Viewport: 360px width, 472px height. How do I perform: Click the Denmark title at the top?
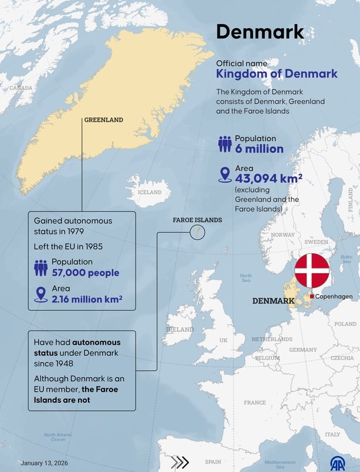[260, 32]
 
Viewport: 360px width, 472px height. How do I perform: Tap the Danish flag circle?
[311, 271]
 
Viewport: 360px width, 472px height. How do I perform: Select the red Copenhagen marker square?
[312, 297]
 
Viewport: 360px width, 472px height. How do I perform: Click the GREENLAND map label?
[104, 120]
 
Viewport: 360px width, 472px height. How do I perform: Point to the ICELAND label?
[150, 192]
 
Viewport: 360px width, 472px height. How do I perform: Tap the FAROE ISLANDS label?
[197, 220]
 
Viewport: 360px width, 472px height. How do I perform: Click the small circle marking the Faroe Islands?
[197, 233]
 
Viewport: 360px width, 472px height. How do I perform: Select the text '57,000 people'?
[85, 273]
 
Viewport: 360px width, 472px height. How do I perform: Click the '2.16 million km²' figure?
[87, 299]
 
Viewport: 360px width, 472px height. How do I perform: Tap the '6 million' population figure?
[259, 149]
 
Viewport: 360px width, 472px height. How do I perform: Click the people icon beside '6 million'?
[225, 144]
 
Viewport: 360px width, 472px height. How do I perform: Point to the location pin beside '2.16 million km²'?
[41, 294]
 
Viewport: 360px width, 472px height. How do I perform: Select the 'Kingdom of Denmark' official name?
[277, 74]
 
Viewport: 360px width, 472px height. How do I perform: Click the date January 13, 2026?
[45, 463]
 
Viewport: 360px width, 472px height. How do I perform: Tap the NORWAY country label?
[283, 235]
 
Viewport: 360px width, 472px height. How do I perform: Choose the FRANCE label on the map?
[254, 403]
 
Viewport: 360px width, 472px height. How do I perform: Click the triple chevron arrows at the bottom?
[180, 462]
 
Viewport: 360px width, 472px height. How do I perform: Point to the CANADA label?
[21, 88]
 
